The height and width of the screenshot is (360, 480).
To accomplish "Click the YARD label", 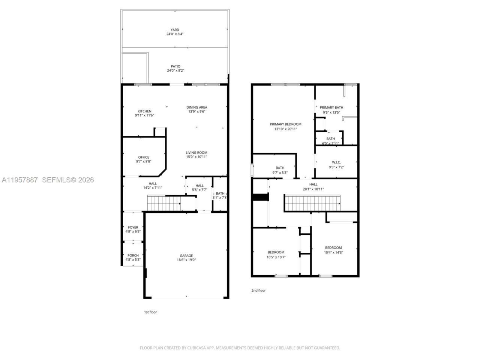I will [x=175, y=30].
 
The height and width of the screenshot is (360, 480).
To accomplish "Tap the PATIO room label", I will [x=175, y=66].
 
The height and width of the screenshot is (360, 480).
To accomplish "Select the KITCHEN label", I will [x=144, y=111].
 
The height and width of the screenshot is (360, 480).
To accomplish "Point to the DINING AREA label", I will [x=197, y=107].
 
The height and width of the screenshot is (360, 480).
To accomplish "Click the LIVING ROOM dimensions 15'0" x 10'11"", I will [x=196, y=157].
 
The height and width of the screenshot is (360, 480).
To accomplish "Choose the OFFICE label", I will [x=144, y=157].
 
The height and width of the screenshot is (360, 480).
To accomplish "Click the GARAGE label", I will [x=186, y=256].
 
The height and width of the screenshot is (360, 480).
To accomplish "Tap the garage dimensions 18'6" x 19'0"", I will [x=186, y=260].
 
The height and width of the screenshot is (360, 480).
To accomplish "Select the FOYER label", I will [x=133, y=227].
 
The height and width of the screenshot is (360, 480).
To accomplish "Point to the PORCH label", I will [x=133, y=255].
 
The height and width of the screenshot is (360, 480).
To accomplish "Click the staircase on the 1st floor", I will [x=164, y=204].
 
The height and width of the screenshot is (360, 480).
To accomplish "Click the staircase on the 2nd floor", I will [x=312, y=203].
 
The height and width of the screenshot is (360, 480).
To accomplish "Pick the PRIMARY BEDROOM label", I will [x=285, y=124].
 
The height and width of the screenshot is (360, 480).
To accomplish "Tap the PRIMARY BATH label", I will [x=331, y=107].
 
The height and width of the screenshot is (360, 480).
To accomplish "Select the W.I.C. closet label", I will [x=336, y=162].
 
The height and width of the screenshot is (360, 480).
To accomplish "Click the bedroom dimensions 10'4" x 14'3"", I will [x=333, y=252].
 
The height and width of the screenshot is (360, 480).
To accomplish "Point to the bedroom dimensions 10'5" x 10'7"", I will [x=276, y=257].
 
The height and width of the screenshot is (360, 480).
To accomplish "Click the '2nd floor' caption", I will [x=258, y=290].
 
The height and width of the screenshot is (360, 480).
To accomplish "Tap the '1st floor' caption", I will [x=151, y=312].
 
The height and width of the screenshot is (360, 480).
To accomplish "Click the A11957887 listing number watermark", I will [x=19, y=180].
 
